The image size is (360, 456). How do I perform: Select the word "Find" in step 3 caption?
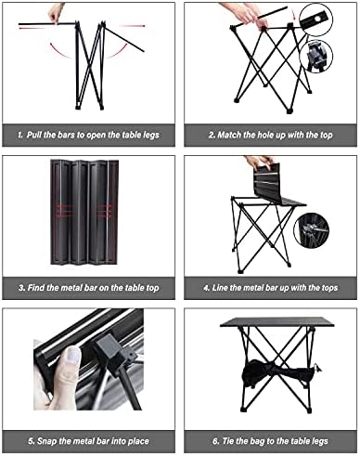click(x=40, y=289)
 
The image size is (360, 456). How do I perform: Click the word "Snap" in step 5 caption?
click(x=41, y=440)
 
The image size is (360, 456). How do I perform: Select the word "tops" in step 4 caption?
click(x=332, y=289)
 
